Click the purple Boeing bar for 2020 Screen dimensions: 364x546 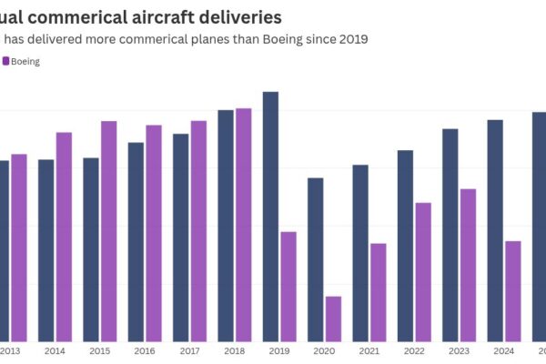[333, 318]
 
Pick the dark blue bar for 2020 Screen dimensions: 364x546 [315, 259]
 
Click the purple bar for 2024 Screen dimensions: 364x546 [512, 291]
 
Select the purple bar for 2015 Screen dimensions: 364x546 [108, 231]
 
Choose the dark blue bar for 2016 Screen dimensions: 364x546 [136, 241]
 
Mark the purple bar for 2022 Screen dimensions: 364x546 [423, 272]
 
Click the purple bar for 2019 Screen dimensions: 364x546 [288, 287]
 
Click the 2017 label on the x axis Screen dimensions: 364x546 [189, 351]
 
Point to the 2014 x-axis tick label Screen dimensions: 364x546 [55, 351]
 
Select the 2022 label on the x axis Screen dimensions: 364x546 [414, 351]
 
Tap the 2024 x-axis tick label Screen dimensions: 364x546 [503, 351]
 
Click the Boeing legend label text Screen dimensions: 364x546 [25, 61]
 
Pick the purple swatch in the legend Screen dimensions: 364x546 [5, 61]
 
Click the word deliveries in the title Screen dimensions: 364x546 [231, 17]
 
